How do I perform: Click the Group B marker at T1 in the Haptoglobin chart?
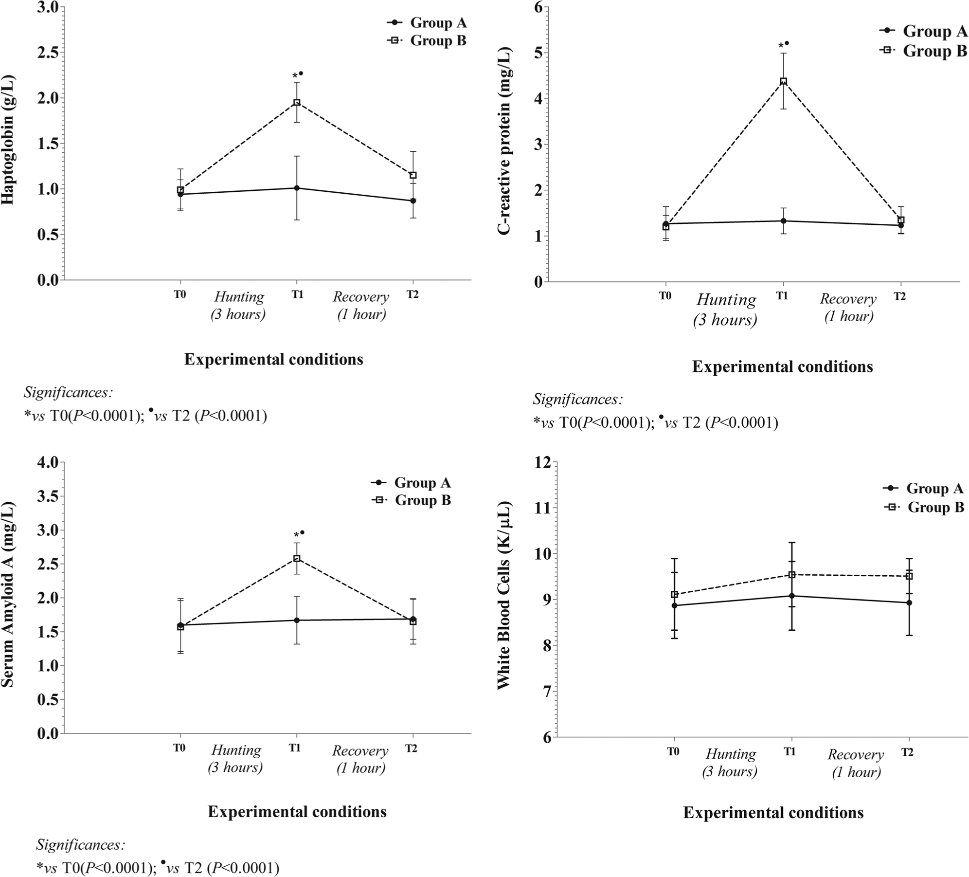(296, 102)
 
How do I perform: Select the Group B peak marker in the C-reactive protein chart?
(783, 81)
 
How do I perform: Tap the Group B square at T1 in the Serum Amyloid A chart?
(297, 558)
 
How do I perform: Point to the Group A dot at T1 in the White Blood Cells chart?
(792, 596)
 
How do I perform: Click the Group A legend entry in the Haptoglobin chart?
(427, 22)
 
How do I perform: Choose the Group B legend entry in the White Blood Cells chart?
(924, 507)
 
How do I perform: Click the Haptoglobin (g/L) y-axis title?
(8, 140)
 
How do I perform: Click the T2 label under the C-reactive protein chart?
(899, 296)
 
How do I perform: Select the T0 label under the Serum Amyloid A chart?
(179, 748)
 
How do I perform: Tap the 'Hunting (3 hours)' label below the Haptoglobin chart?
(239, 305)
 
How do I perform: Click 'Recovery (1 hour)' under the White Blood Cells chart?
(856, 763)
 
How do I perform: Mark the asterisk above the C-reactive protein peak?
(781, 46)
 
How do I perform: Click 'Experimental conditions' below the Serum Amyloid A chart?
(297, 812)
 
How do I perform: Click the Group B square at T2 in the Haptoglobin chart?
(413, 175)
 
